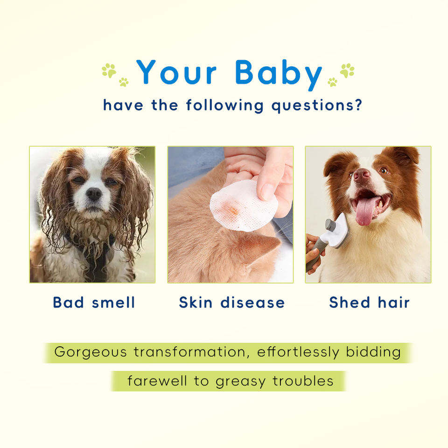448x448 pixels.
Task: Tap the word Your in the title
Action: point(176,72)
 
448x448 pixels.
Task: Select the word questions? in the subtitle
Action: point(316,106)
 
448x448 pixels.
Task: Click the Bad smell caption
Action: point(94,302)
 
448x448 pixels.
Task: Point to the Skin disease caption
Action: point(232,302)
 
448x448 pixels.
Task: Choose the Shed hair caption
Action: point(369,302)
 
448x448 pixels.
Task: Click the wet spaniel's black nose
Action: point(94,194)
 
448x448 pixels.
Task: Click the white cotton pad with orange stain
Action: point(244,206)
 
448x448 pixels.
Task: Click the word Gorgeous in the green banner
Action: point(90,352)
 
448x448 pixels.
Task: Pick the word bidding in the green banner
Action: point(373,352)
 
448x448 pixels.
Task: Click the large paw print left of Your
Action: point(109,70)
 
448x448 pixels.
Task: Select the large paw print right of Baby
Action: point(347,70)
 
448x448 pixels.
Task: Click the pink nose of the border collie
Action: point(362,175)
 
